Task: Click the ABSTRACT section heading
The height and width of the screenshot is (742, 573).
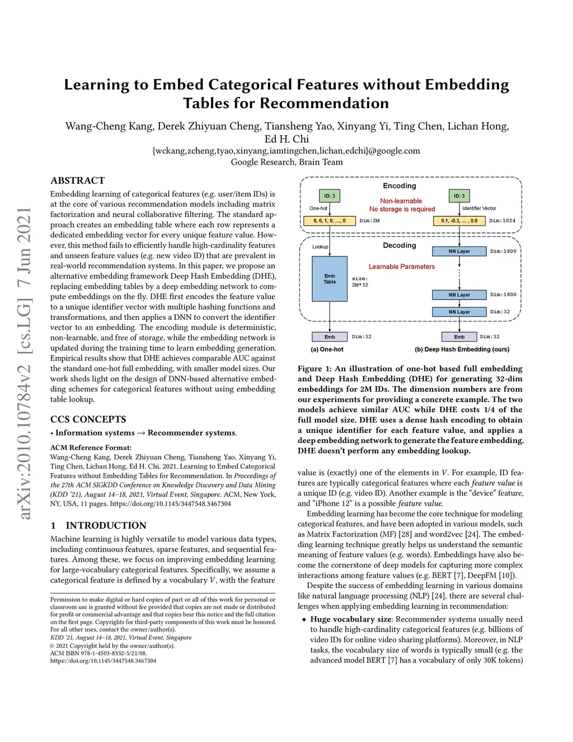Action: pos(77,180)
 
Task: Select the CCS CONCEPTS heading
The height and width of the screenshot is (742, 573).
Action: pos(88,419)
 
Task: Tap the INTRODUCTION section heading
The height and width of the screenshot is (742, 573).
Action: pos(106,525)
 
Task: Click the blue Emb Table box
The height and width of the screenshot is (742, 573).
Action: pos(330,278)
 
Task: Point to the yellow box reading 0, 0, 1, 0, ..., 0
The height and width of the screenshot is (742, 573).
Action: pos(330,221)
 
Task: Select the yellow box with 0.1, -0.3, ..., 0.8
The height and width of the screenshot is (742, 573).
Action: pos(459,221)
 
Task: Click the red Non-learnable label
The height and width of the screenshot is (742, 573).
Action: pos(401,201)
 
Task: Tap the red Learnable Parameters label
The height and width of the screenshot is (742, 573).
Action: pos(401,267)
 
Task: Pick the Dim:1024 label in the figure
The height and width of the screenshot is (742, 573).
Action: pos(502,221)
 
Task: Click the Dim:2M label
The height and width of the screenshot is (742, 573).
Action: pos(369,221)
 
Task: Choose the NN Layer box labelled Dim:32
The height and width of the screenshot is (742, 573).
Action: pos(459,312)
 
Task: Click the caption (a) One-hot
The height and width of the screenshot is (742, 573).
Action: pos(327,349)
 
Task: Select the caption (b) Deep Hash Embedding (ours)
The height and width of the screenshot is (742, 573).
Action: pos(462,349)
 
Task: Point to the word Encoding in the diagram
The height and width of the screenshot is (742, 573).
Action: pos(399,185)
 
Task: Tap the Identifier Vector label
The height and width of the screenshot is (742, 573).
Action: pos(479,208)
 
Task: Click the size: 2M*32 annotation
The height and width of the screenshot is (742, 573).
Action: pos(360,282)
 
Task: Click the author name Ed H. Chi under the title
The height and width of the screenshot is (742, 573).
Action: pos(286,139)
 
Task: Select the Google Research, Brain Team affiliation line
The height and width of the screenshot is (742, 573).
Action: pos(286,162)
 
